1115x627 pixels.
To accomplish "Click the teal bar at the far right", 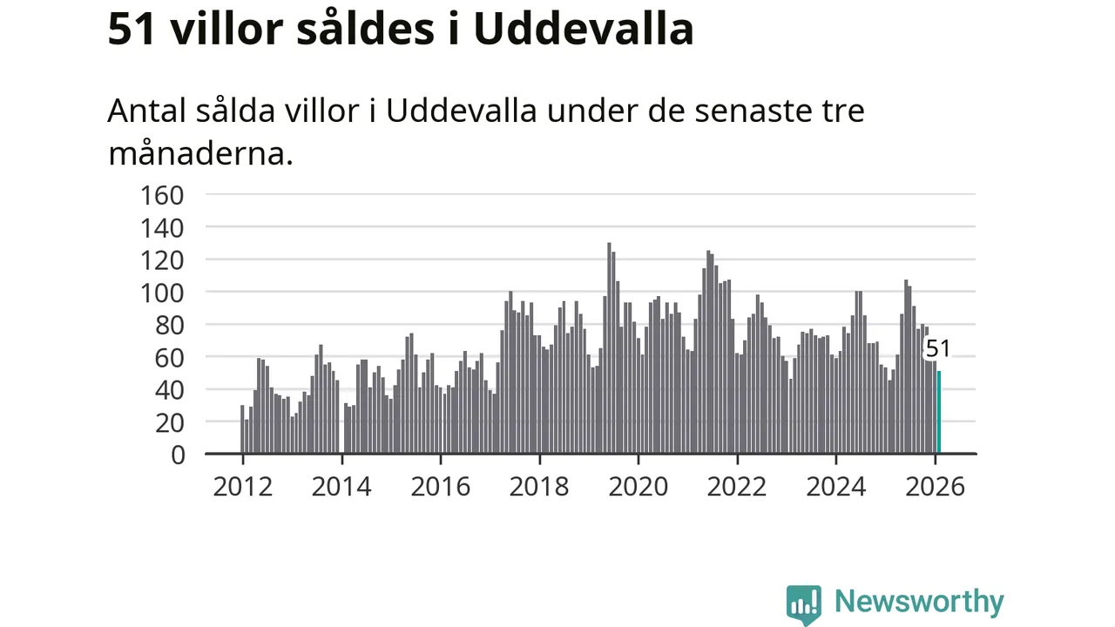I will point(938,413).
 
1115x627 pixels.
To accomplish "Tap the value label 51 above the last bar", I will point(937,349).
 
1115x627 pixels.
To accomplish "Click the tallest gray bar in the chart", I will point(609,348).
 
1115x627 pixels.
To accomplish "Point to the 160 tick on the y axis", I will point(163,194).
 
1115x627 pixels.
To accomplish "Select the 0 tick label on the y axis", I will point(177,454).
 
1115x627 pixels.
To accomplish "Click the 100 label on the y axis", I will point(163,292).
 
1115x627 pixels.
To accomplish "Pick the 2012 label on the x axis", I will point(242,486).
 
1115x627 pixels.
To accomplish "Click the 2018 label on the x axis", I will point(539,486).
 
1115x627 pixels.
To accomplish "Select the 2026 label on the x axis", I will point(936,486).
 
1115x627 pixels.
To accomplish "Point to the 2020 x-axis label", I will point(639,486).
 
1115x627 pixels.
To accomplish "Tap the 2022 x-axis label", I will point(737,486).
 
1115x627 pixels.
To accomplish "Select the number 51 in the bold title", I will point(132,29).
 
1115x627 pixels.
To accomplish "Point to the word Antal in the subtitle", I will point(146,111).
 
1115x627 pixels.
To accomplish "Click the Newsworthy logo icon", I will point(803,603).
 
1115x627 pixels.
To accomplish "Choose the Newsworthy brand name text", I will point(919,602).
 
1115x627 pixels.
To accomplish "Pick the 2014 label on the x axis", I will point(341,486).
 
